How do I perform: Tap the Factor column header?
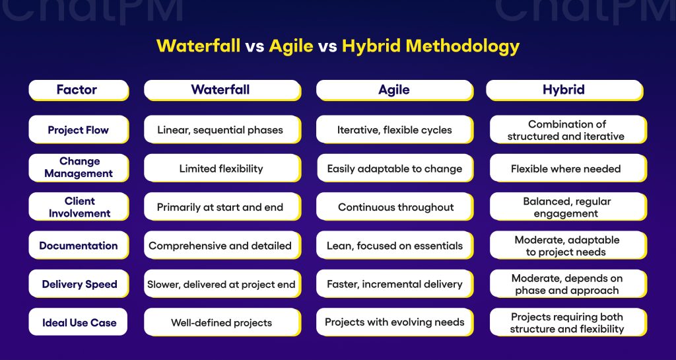click(78, 90)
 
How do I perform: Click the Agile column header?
click(394, 90)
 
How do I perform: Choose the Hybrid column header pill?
click(564, 90)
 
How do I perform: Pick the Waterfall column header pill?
click(220, 90)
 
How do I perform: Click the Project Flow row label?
click(78, 129)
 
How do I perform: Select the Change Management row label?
click(78, 168)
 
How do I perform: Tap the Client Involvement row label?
click(78, 207)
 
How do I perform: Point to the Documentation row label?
click(78, 246)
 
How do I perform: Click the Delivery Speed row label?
click(78, 285)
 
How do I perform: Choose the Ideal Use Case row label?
click(78, 323)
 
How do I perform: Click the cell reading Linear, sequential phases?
click(220, 129)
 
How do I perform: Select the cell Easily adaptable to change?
click(394, 168)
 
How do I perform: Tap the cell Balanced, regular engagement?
click(566, 207)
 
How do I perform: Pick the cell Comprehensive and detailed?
click(220, 246)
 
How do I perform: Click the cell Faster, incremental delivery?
click(394, 285)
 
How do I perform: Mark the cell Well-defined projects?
click(220, 323)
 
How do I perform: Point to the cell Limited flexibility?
click(220, 168)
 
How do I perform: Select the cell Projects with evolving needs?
click(394, 323)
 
